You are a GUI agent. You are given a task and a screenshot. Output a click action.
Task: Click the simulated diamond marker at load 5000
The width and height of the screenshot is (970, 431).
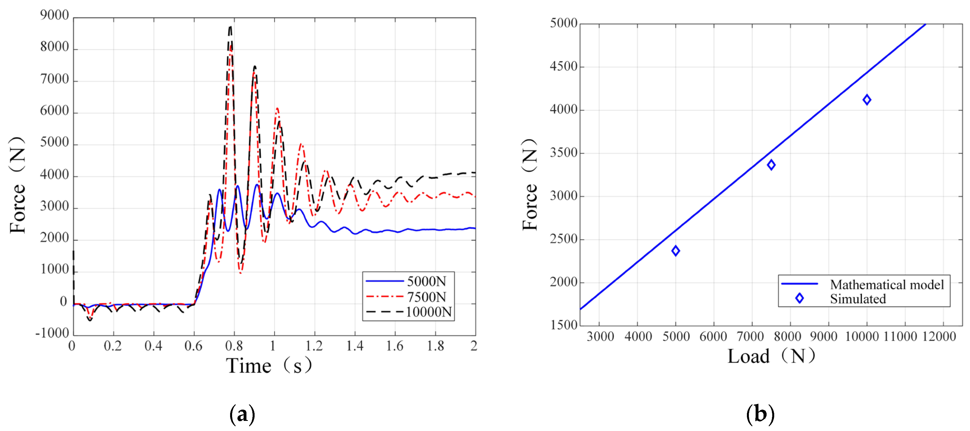[x=675, y=251]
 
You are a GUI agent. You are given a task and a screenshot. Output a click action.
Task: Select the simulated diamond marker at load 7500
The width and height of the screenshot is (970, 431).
[x=771, y=165]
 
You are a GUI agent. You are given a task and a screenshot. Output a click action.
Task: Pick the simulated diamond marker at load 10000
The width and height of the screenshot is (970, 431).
[x=866, y=100]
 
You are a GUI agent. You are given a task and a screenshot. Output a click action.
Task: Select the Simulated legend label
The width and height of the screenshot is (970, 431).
[x=857, y=299]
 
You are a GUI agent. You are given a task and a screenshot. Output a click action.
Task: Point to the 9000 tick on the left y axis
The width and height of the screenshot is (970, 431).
[x=55, y=15]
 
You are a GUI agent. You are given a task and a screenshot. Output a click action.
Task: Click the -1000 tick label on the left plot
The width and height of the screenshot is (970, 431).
[x=52, y=333]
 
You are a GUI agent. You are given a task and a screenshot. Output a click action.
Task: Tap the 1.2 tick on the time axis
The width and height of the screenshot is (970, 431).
[x=314, y=345]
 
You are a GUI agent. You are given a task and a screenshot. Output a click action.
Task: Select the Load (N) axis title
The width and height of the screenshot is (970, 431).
[x=771, y=356]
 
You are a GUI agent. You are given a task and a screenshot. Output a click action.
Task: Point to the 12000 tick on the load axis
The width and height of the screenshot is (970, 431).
[x=939, y=336]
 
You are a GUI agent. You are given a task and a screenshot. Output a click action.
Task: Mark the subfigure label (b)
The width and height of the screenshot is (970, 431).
[x=760, y=414]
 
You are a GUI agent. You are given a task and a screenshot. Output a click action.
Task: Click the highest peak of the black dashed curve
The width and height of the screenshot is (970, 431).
[x=230, y=26]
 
